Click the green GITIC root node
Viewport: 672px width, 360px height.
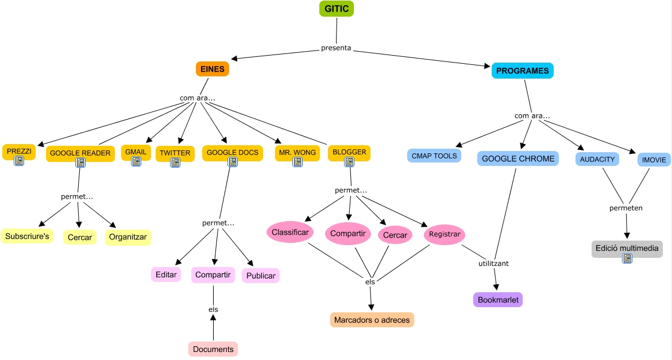coord(337,9)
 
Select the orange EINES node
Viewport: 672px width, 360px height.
coord(213,69)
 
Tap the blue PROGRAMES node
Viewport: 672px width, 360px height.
coord(522,71)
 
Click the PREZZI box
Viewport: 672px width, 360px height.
coord(18,151)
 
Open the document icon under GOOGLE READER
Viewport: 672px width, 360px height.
coord(80,163)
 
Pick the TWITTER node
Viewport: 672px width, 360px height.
coord(175,153)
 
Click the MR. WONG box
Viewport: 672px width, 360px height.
coord(297,152)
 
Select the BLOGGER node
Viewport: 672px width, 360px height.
coord(349,152)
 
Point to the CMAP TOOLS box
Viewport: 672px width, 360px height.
coord(434,156)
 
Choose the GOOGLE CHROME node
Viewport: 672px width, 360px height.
coord(517,158)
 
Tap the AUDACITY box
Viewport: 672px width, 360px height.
coord(597,159)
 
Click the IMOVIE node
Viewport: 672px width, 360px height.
coord(654,160)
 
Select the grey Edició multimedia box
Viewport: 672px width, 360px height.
coord(627,249)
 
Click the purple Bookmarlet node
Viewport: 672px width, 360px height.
coord(498,300)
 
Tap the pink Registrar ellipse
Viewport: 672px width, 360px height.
coord(444,234)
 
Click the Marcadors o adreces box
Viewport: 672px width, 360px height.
coord(372,320)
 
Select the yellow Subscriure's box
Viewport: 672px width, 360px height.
coord(27,236)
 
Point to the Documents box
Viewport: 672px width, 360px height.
coord(213,349)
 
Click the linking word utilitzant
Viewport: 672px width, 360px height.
coord(493,264)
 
